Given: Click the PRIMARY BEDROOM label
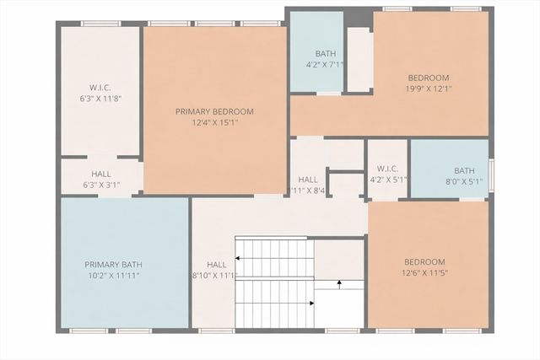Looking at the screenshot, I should point(214,111).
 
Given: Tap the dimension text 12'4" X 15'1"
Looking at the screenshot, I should point(214,123).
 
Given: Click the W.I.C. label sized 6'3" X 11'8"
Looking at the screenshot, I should point(100,87).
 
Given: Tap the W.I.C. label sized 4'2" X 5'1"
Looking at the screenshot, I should point(388,167).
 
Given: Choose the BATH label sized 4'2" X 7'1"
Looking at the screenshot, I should point(325,53).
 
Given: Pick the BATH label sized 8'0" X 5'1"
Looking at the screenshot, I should point(464,169).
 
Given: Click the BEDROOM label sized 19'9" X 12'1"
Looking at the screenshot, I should point(429,78).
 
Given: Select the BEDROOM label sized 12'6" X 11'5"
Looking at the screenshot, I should point(428,261).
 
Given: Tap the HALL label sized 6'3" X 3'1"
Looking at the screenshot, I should point(100,174).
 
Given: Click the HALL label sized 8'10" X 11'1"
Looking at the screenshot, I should point(217,264).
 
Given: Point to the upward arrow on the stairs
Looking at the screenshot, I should point(339,284).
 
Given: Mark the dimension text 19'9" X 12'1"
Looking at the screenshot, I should point(429,89).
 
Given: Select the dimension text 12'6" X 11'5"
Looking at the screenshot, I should point(428,272).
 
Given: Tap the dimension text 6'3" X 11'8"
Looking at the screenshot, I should point(100,98).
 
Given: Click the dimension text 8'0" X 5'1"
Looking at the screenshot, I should point(464,180).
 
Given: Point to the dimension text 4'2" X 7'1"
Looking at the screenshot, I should point(325,64).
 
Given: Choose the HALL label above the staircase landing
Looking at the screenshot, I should point(308,179).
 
